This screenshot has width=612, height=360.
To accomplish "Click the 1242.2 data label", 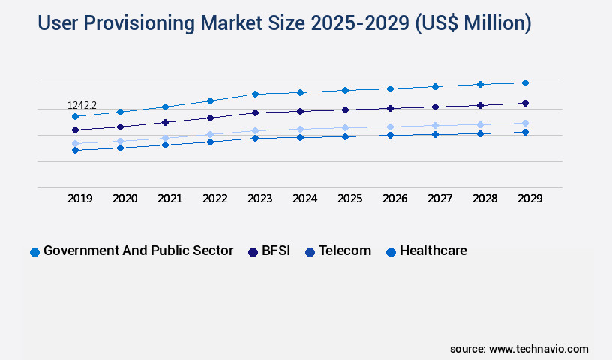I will click(82, 106).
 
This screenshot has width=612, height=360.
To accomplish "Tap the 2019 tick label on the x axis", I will click(80, 199).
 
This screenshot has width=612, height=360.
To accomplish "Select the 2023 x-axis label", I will click(259, 199).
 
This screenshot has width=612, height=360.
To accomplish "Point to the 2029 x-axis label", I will click(529, 199).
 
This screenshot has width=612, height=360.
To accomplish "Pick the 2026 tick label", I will click(394, 199).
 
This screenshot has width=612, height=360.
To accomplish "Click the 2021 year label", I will click(169, 199).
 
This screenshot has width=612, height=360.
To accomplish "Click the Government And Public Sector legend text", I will click(138, 250).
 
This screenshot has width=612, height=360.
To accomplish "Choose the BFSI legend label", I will click(276, 250).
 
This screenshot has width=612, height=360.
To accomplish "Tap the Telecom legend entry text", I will click(344, 250).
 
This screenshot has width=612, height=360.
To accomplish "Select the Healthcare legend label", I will click(433, 250).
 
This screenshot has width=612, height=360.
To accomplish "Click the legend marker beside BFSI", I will click(253, 252).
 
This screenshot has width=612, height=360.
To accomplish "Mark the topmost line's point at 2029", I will click(525, 82).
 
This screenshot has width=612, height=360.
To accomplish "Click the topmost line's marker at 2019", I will click(75, 116).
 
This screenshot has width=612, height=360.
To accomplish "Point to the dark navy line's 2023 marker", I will click(255, 112).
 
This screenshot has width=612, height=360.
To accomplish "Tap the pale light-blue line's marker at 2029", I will click(525, 123).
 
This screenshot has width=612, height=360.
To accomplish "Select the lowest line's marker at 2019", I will click(75, 150).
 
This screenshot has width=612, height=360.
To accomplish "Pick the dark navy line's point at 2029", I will click(525, 103).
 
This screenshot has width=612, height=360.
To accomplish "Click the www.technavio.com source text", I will click(538, 349).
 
